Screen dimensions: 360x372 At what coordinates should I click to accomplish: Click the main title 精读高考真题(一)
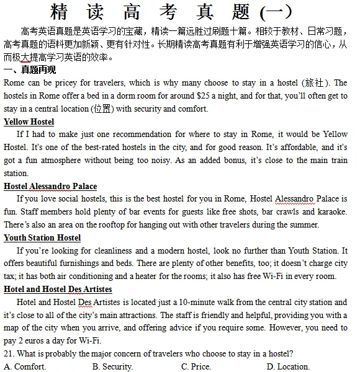click(x=179, y=12)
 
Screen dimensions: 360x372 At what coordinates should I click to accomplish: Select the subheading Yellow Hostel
click(x=29, y=122)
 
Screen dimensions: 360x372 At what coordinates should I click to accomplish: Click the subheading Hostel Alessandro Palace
click(x=50, y=186)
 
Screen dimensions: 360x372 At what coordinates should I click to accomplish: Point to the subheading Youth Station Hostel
click(x=42, y=238)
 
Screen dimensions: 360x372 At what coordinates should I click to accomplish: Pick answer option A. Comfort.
click(x=25, y=366)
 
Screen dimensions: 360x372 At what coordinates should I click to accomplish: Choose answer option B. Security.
click(x=112, y=366)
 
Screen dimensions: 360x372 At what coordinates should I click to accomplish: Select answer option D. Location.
click(x=288, y=366)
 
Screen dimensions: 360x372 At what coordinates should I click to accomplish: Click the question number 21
click(x=8, y=354)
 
